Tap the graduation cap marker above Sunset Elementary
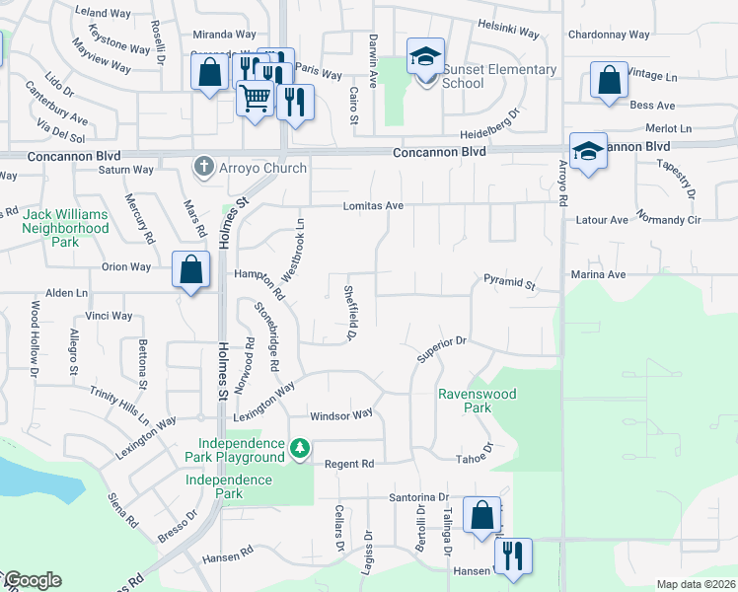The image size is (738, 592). [x=425, y=57]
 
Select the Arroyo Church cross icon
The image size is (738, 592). [x=204, y=167]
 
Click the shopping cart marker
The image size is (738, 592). [x=255, y=100]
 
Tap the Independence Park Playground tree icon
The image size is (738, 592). [x=299, y=451]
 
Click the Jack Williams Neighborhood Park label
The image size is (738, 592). [x=66, y=228]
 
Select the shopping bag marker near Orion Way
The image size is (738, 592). [x=190, y=269]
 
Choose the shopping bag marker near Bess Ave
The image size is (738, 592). [x=609, y=81]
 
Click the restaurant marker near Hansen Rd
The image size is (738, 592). [x=513, y=557]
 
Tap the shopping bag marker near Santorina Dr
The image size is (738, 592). [x=481, y=515]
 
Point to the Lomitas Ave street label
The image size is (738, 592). [x=374, y=206]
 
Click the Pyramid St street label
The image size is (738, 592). [x=509, y=284]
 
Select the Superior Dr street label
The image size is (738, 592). [x=440, y=348]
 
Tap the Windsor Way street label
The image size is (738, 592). [x=341, y=414]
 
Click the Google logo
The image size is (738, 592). [x=33, y=580]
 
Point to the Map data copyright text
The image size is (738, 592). [x=695, y=584]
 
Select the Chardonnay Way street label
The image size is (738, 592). [x=609, y=35]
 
